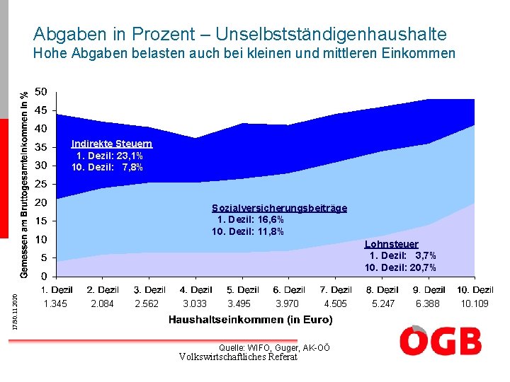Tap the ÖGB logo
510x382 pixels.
pyautogui.click(x=441, y=340)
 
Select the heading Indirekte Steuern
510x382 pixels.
pyautogui.click(x=112, y=144)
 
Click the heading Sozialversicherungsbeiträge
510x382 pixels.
pyautogui.click(x=279, y=208)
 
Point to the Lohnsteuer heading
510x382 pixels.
pyautogui.click(x=392, y=244)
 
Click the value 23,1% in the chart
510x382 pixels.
pyautogui.click(x=130, y=156)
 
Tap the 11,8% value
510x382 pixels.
pyautogui.click(x=271, y=231)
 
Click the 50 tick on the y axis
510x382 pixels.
pyautogui.click(x=41, y=92)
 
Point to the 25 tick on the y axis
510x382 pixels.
pyautogui.click(x=41, y=184)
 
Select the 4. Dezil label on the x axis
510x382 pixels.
pyautogui.click(x=195, y=290)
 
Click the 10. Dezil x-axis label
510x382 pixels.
pyautogui.click(x=475, y=290)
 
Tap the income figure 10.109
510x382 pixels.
pyautogui.click(x=475, y=303)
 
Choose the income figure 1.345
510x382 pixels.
pyautogui.click(x=55, y=303)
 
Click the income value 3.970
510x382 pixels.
pyautogui.click(x=287, y=303)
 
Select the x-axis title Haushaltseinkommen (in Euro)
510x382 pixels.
pyautogui.click(x=251, y=320)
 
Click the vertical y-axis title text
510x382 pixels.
pyautogui.click(x=24, y=185)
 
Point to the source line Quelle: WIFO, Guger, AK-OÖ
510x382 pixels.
pyautogui.click(x=274, y=348)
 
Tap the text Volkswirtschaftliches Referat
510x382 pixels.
pyautogui.click(x=239, y=357)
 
